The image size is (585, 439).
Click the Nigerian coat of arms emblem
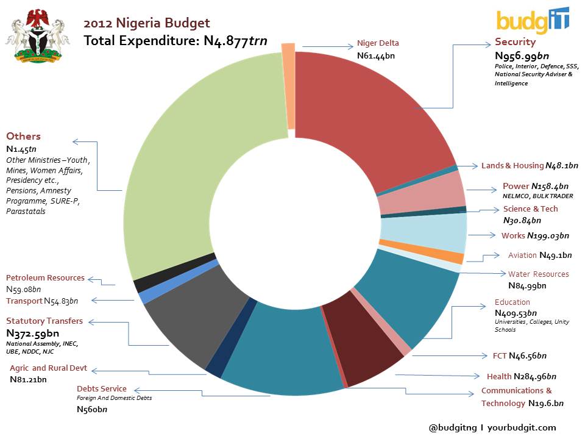(38, 38)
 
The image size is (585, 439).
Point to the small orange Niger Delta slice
(288, 85)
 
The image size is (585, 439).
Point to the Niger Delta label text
(378, 44)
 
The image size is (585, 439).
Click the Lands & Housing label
(512, 165)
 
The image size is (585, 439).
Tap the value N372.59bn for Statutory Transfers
(32, 334)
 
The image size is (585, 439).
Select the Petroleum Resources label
(45, 278)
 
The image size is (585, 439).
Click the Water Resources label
(538, 274)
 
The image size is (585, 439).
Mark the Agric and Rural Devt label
(48, 368)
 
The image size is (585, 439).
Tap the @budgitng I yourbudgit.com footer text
(492, 427)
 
